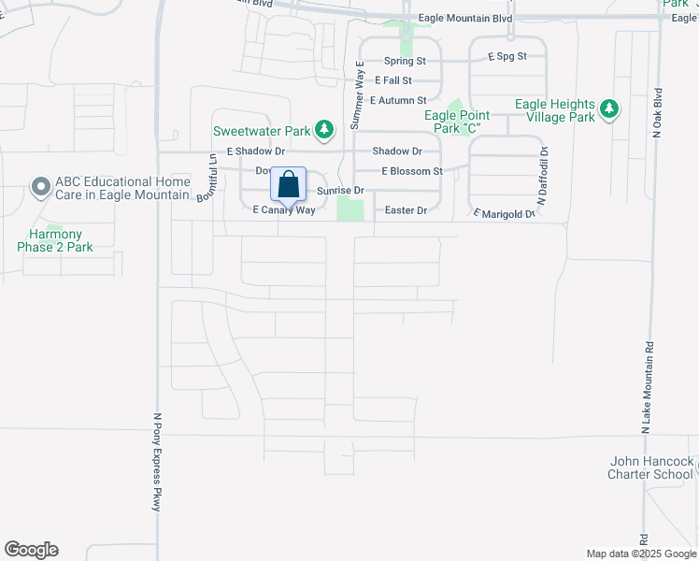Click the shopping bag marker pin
(289, 184)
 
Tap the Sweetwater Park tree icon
(324, 130)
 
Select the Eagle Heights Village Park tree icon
(609, 110)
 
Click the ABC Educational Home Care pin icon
(40, 188)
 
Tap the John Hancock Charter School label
(651, 467)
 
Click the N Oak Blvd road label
(658, 114)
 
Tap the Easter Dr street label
(407, 210)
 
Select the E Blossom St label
(412, 171)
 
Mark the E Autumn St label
(398, 100)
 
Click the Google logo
(31, 550)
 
